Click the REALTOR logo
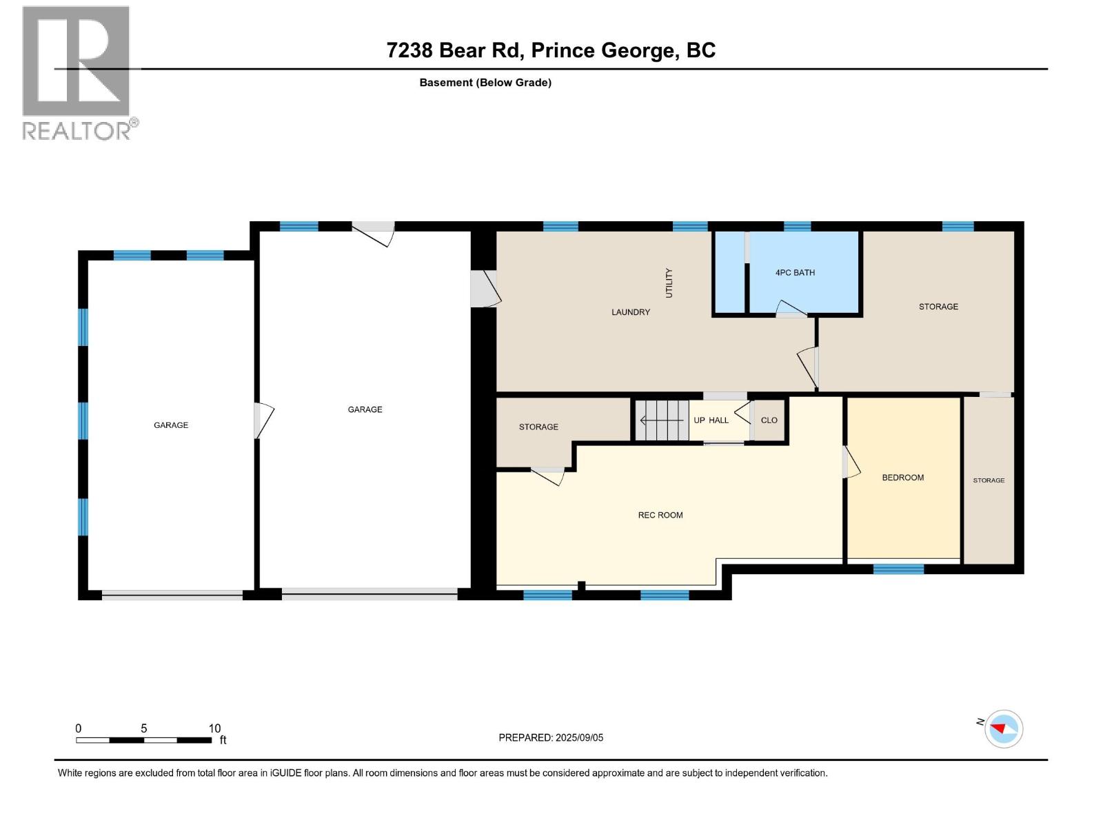[76, 72]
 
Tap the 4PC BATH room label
[795, 273]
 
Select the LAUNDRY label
[631, 312]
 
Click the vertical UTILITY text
[669, 283]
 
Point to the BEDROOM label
[902, 478]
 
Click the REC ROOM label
[660, 515]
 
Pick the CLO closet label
[769, 420]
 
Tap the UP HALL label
[711, 420]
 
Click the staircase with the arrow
[662, 420]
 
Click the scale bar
[143, 740]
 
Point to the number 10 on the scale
[214, 728]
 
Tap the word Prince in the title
[563, 50]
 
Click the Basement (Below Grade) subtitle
[485, 83]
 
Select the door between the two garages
[263, 420]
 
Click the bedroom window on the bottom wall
[898, 569]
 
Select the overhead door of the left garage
[172, 595]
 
